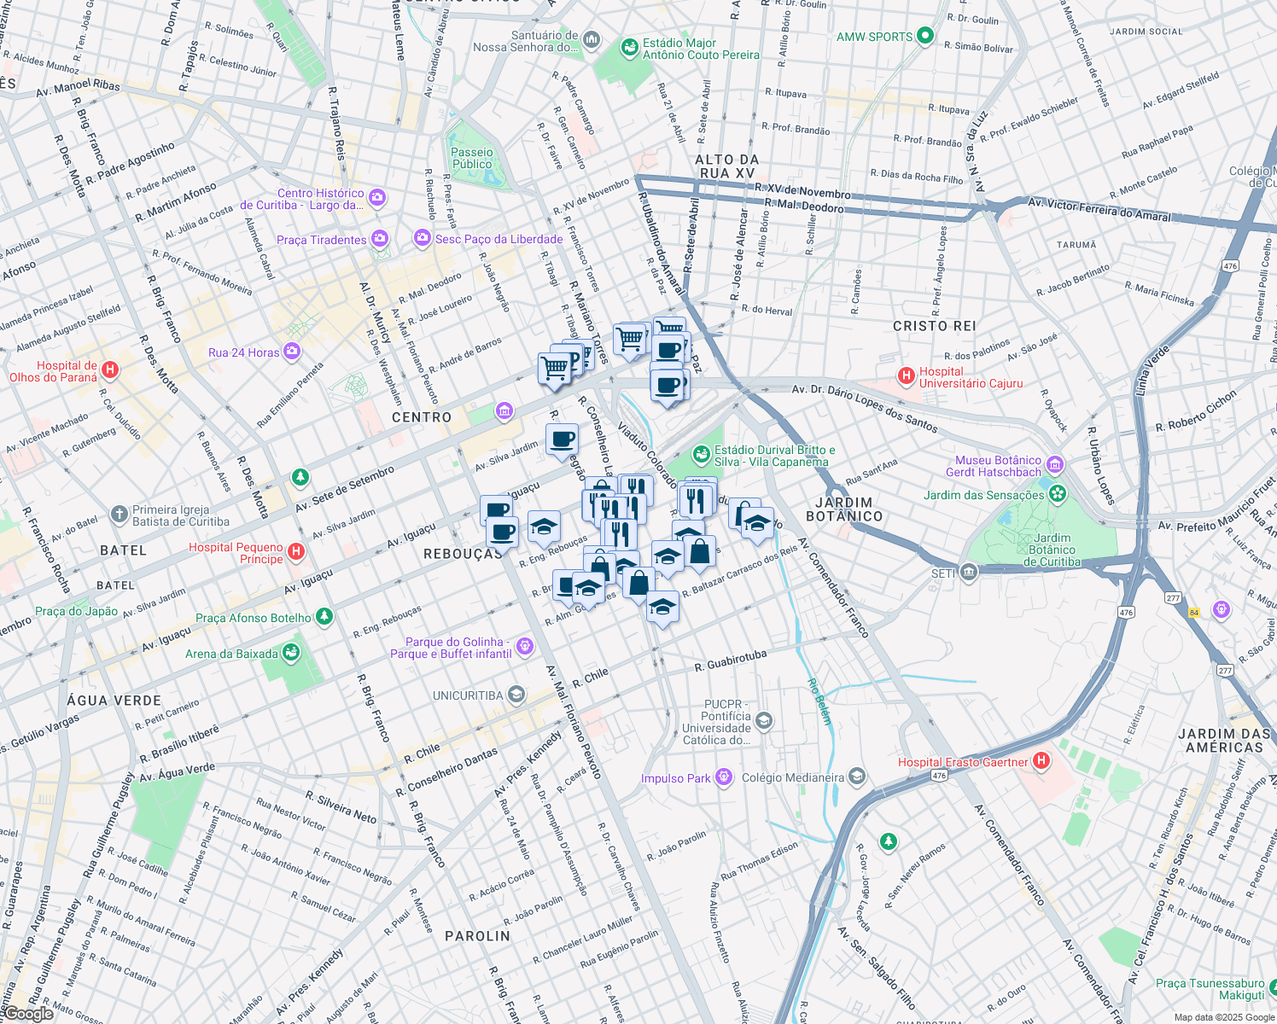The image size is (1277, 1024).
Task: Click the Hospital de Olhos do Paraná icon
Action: point(110,370)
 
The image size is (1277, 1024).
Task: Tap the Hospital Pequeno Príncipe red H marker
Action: point(296,552)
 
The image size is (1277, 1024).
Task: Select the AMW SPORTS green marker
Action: point(925,37)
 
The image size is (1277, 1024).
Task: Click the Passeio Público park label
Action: point(472,159)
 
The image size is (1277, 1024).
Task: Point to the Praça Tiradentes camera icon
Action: point(380,239)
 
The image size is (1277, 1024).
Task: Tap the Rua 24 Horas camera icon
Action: point(292,352)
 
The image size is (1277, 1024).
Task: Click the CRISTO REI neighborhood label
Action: point(934,326)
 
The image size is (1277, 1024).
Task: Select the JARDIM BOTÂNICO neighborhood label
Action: point(843,509)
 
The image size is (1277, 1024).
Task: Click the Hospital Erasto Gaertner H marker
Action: point(1041,761)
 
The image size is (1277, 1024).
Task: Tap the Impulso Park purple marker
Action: point(724,777)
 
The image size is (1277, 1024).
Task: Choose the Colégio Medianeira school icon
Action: point(857,777)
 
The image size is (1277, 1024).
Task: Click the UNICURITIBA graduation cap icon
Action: point(516,695)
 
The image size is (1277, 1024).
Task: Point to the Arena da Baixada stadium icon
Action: point(291,654)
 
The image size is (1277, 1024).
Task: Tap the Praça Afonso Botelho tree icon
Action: point(324,617)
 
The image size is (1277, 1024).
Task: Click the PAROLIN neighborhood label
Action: point(477,936)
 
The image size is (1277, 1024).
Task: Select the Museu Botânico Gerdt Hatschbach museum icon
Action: point(1055,465)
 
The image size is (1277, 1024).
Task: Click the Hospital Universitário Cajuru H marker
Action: point(906,376)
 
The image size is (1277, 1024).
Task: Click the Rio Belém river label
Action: point(818,701)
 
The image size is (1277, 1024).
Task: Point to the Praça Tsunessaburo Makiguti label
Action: point(1210,989)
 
